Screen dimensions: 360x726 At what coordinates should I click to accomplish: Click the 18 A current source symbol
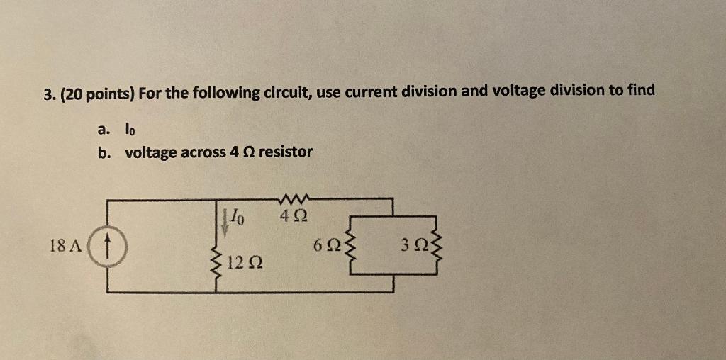pos(107,246)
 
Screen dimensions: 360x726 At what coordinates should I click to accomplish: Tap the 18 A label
pos(65,246)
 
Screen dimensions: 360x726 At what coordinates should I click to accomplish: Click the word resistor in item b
pos(285,152)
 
